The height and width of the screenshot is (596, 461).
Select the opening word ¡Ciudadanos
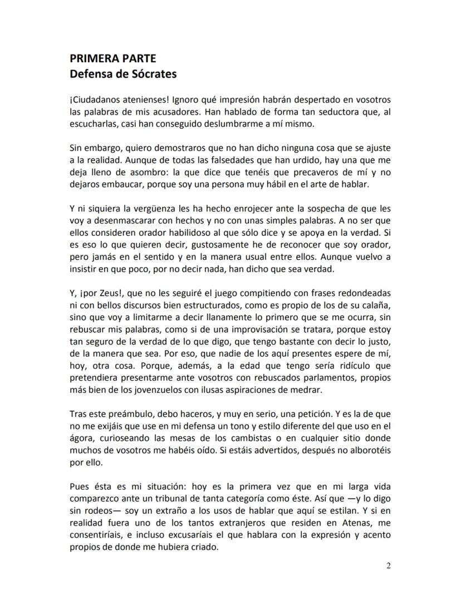[x=96, y=100]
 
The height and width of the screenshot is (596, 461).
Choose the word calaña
[x=377, y=304]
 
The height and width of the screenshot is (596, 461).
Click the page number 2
[x=389, y=566]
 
